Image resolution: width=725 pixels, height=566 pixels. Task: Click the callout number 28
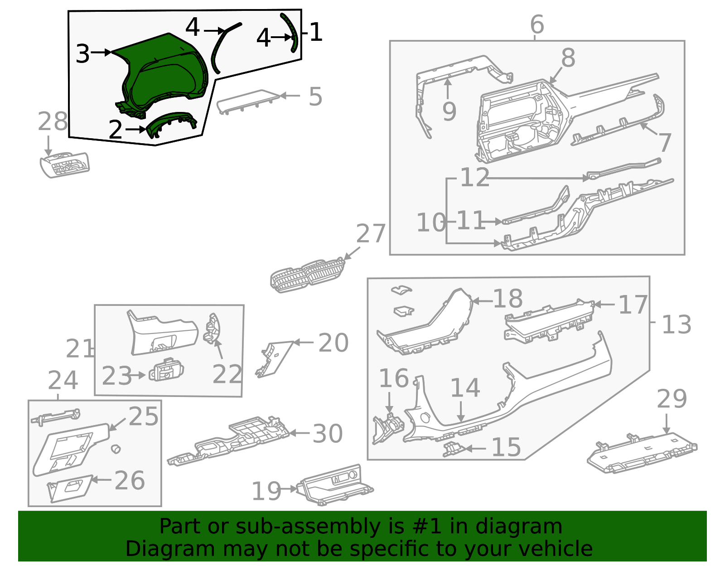point(53,122)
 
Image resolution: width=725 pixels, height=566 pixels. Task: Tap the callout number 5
point(315,97)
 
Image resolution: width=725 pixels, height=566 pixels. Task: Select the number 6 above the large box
point(537,24)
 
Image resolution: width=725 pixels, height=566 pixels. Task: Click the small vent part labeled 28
point(65,165)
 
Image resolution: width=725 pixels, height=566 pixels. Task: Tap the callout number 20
point(333,343)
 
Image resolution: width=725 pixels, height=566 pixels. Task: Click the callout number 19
point(266,491)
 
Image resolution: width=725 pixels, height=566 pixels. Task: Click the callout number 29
point(672,399)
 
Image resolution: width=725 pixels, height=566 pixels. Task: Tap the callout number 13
point(677,324)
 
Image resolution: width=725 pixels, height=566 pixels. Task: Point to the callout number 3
point(83,54)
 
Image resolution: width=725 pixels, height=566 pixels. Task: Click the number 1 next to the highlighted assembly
point(316,33)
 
